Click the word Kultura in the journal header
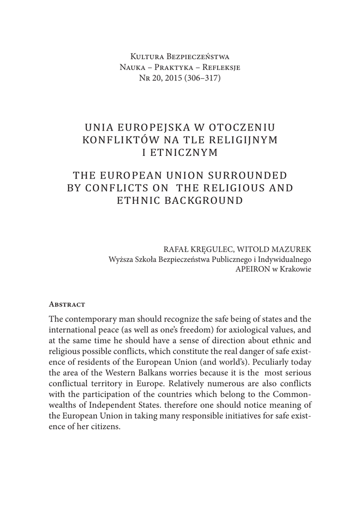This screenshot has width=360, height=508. coord(148,56)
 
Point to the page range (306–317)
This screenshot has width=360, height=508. coord(203,78)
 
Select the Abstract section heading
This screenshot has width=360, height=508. coord(67,304)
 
